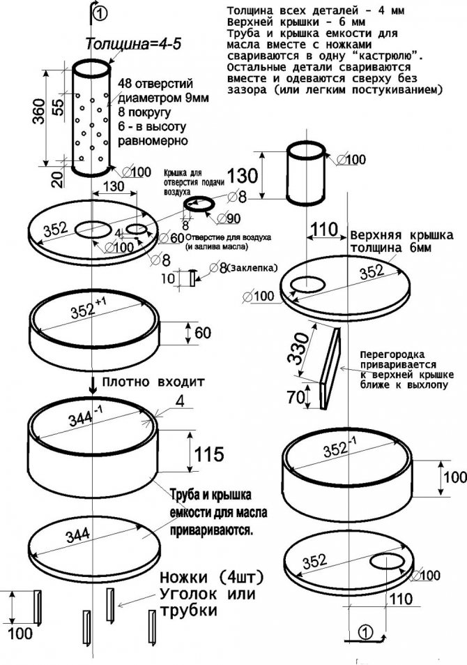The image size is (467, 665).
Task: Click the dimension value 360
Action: (39, 110)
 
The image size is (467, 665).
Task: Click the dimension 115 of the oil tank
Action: (209, 455)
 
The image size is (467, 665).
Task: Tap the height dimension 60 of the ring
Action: (202, 333)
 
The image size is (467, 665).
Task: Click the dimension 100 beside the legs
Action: (22, 634)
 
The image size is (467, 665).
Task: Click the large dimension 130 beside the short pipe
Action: (243, 174)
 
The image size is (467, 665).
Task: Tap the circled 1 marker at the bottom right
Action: (367, 632)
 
